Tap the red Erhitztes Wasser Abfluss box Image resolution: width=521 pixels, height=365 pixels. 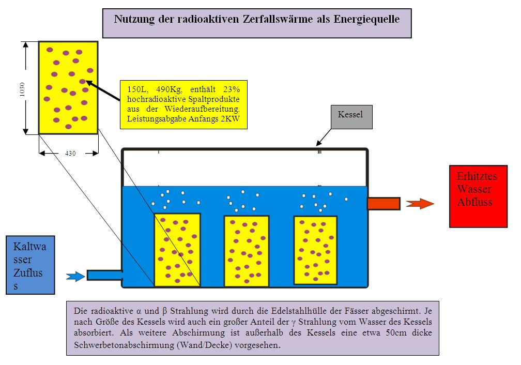click(478, 196)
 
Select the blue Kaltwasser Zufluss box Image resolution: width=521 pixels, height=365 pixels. click(30, 265)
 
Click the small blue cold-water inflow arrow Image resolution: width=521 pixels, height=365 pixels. click(76, 277)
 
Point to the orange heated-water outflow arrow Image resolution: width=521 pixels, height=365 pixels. click(419, 204)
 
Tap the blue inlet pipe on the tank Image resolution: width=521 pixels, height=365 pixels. click(104, 275)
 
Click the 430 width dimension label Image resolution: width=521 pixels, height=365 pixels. click(69, 154)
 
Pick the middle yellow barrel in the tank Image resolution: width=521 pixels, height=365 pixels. click(247, 250)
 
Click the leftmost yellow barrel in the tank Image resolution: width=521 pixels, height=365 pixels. click(177, 249)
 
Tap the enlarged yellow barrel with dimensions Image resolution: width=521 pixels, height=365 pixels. click(68, 88)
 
